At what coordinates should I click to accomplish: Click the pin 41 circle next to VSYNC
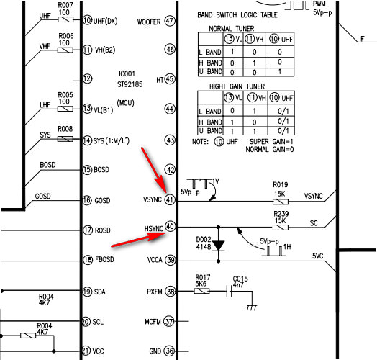tap(170, 199)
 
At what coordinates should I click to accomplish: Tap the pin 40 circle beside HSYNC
tap(171, 226)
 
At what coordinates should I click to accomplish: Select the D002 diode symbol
tap(219, 246)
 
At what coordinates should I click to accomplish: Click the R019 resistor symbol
tap(281, 202)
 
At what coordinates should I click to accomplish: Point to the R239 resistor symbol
tap(281, 228)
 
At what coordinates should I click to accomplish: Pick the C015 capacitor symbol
tap(230, 291)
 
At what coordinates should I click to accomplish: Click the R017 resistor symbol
tap(201, 291)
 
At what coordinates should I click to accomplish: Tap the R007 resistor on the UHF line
tap(65, 19)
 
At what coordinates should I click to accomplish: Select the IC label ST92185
tap(130, 84)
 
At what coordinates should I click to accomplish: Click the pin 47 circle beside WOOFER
tap(170, 21)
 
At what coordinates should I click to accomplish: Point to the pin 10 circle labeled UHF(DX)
tap(87, 20)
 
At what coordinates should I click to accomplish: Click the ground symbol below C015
tap(252, 307)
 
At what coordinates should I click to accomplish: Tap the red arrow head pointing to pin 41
tap(161, 185)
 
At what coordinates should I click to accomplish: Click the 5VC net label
tap(317, 256)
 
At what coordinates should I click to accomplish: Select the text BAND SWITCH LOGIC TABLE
tap(237, 15)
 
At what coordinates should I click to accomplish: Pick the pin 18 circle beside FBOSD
tap(88, 260)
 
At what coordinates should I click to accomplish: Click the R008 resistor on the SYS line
tap(65, 139)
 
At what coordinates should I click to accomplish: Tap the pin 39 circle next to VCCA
tap(171, 260)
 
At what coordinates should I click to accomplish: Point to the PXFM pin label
tap(155, 292)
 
